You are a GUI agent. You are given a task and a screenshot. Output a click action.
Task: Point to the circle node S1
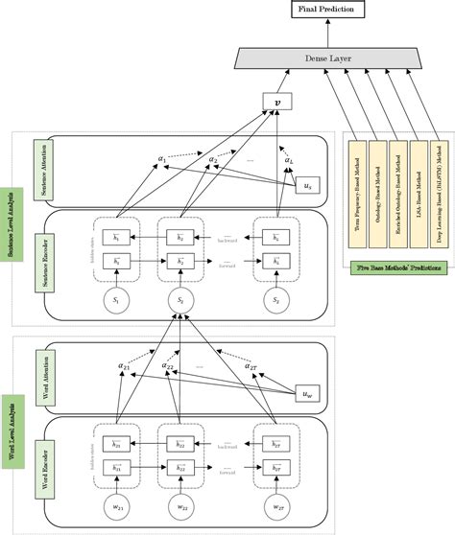coord(117,300)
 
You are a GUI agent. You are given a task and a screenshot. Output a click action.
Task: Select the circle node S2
coord(179,300)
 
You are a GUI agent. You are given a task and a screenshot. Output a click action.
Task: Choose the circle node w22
coord(179,507)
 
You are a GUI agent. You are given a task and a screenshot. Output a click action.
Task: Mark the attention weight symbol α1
coord(162,158)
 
